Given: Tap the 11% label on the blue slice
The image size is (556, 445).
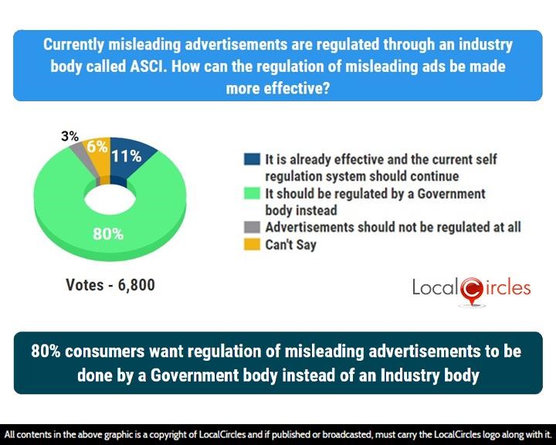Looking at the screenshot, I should point(126,156).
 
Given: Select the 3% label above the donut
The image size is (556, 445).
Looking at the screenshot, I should point(69,137).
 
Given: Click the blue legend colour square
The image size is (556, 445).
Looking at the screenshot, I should point(251,160).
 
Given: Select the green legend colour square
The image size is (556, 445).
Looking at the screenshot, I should point(251,194).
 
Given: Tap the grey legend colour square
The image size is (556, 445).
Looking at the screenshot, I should point(251,227).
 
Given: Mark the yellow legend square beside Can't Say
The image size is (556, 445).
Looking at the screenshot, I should point(251,244).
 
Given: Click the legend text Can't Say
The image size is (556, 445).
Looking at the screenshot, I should point(291,244).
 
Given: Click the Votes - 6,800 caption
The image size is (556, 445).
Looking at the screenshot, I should point(110,285).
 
